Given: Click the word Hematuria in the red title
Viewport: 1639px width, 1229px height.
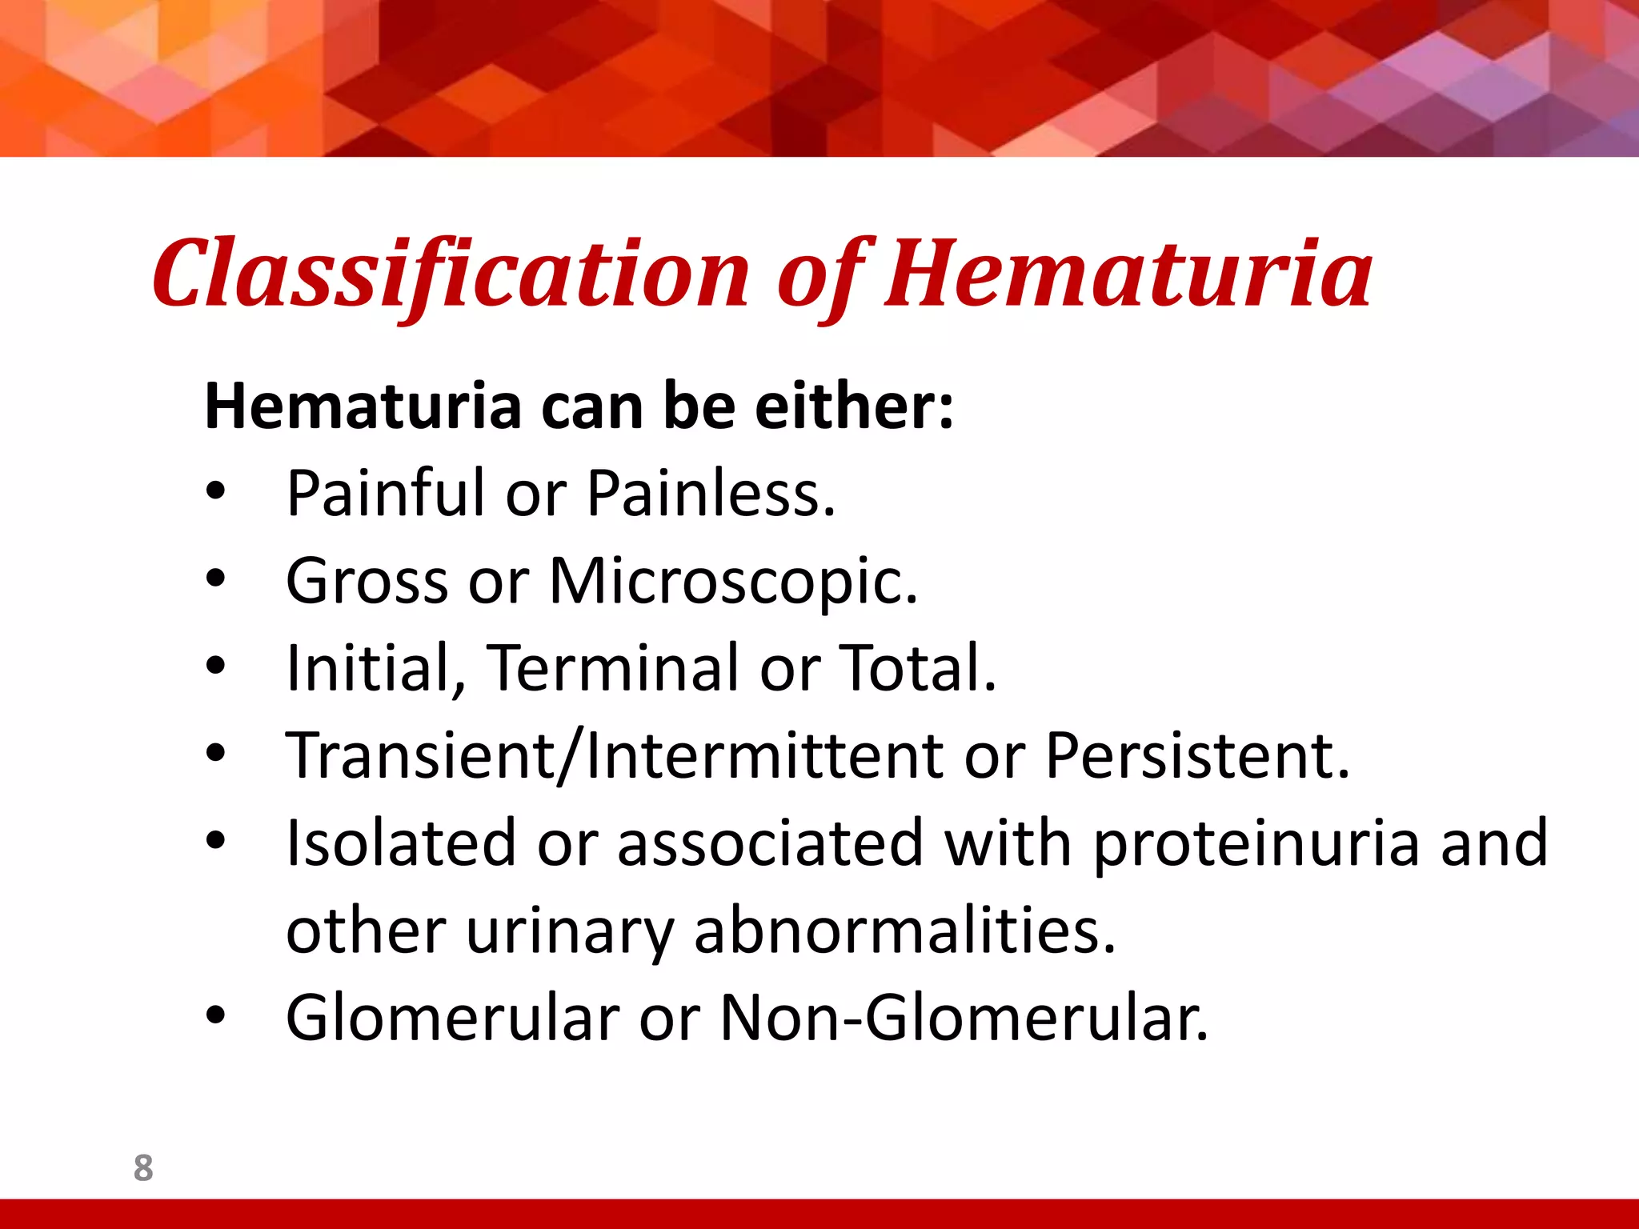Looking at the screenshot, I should pos(1128,274).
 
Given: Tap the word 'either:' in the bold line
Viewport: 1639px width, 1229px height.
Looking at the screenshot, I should pos(854,407).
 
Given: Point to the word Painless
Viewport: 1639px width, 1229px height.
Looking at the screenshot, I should pos(711,494).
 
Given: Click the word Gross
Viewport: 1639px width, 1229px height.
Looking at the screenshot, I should pos(367,582).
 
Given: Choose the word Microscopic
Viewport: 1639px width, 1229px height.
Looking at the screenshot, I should pos(732,582).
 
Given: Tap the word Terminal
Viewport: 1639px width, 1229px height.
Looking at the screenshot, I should pos(614,668).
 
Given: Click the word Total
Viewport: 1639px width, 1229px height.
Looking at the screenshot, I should pos(916,668).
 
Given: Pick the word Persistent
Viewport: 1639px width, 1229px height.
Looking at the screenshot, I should pos(1197,756).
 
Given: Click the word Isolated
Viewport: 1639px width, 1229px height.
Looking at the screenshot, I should pos(400,843).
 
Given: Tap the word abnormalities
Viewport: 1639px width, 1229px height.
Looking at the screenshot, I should pos(904,931).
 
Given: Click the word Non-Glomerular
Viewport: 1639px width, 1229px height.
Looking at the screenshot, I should pos(964,1019).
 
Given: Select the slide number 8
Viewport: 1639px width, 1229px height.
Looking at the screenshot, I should pos(143,1168).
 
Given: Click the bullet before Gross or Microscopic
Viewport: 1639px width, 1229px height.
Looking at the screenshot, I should pos(215,579).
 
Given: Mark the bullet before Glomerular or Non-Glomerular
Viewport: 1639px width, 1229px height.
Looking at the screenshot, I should pos(215,1016).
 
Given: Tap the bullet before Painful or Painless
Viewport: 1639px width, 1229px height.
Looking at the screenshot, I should pos(215,492).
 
